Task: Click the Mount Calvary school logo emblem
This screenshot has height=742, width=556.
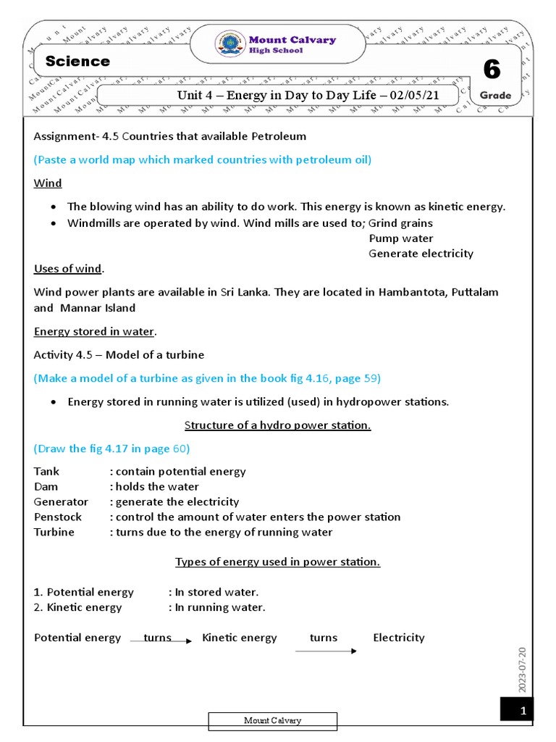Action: click(x=230, y=43)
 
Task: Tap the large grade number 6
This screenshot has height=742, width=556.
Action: click(x=492, y=70)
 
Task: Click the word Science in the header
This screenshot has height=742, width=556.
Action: click(x=77, y=62)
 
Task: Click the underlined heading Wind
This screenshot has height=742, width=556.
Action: click(x=48, y=183)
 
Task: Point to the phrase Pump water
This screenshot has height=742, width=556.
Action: click(x=401, y=238)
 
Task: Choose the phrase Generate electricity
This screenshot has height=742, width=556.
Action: click(x=421, y=254)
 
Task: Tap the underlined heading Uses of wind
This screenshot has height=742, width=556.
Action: click(x=68, y=269)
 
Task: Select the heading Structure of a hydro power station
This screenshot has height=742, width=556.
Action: click(x=277, y=425)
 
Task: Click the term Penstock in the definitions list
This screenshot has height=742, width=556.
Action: click(x=58, y=517)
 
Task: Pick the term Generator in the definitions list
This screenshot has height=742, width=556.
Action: click(x=61, y=501)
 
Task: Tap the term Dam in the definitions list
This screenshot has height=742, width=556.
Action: click(x=46, y=486)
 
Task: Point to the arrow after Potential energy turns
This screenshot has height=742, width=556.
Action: click(x=161, y=641)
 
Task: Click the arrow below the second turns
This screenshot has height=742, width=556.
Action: click(x=326, y=651)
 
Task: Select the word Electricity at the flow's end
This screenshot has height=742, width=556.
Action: click(x=399, y=638)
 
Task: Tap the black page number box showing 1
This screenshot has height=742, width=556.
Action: click(x=517, y=710)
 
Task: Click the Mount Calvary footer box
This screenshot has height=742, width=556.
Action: click(x=273, y=720)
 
